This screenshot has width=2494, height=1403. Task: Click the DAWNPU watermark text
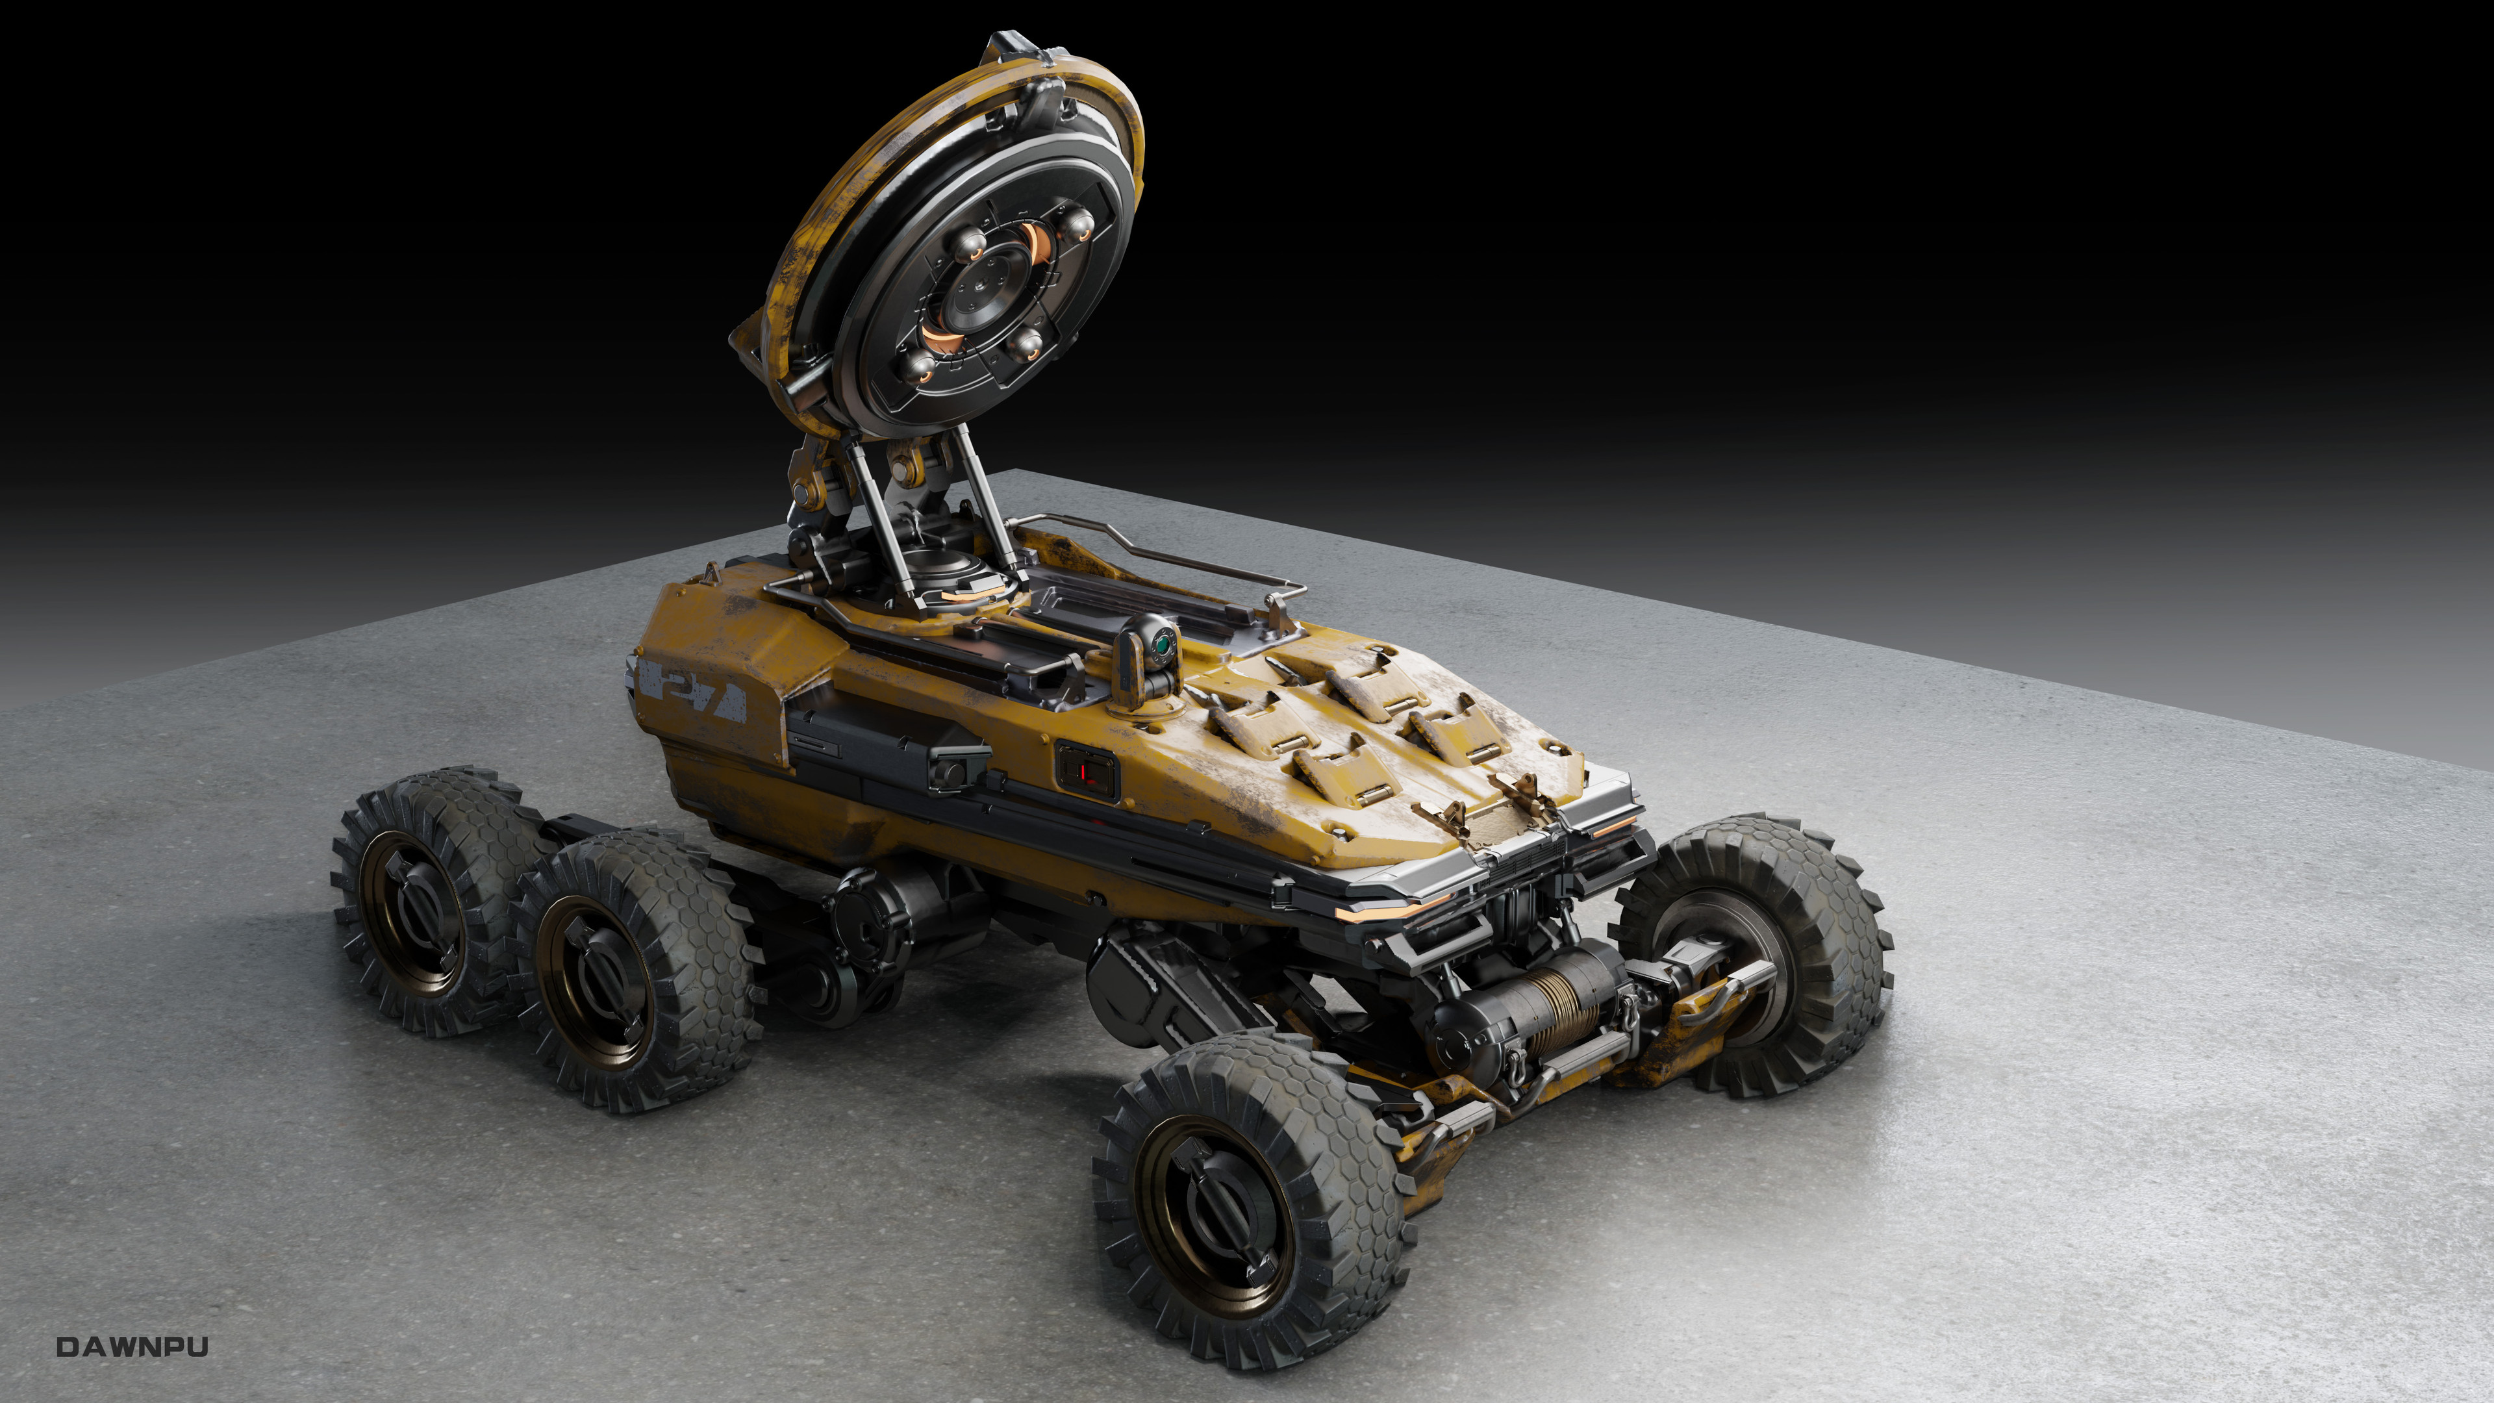point(132,1347)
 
